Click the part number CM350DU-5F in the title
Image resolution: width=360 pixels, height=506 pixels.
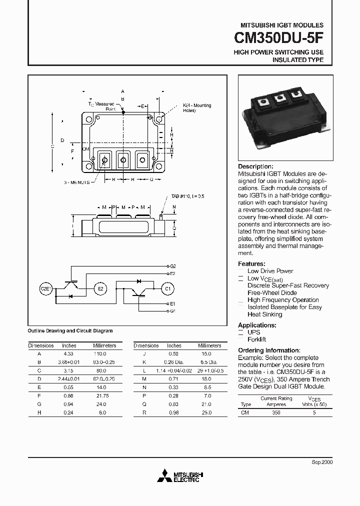coord(279,38)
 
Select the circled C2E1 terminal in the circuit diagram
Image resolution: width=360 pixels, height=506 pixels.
coord(46,288)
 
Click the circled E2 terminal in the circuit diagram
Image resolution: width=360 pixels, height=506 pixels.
coord(100,288)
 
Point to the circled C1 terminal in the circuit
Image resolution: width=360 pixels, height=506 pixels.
coord(167,288)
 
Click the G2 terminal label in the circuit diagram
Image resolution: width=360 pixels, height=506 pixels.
coord(172,266)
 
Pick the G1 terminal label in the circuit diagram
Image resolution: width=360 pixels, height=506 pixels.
coord(172,311)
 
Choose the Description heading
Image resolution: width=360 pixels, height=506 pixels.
coord(255,166)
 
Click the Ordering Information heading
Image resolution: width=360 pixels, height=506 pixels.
coord(269,350)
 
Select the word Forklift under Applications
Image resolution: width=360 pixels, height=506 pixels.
coord(257,339)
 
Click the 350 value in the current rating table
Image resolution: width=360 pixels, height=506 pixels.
coord(276,412)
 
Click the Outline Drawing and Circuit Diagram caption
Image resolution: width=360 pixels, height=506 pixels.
coord(70,331)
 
